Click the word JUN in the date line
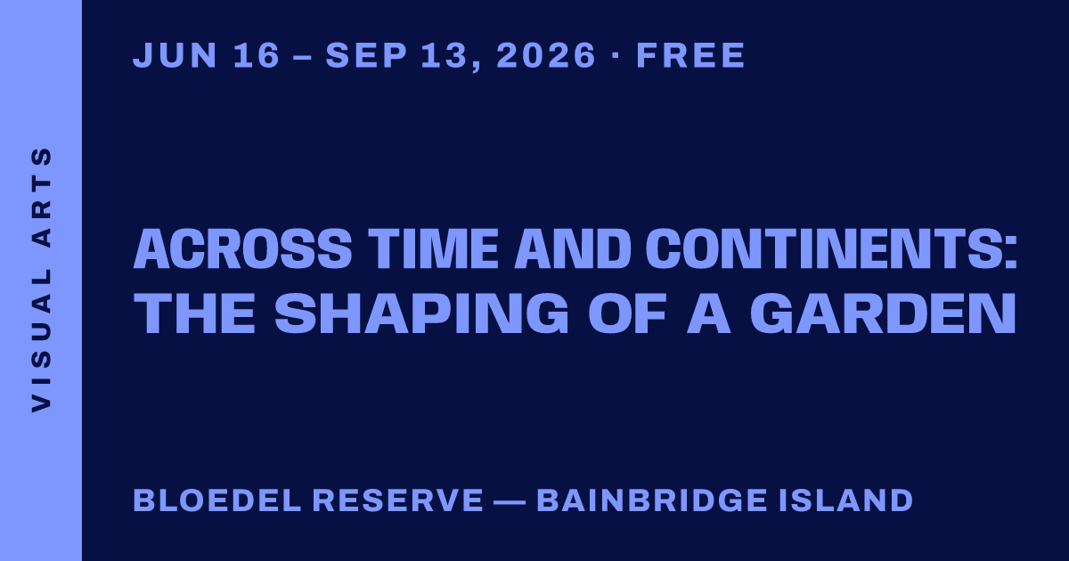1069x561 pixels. pos(175,55)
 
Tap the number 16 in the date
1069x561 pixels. pos(257,55)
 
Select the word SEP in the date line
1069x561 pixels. pos(366,55)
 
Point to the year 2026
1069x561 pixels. pos(546,55)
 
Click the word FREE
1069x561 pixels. pos(690,55)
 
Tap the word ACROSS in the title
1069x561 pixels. pos(242,248)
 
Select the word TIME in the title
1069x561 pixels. pos(433,248)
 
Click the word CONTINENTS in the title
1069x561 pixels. pos(827,248)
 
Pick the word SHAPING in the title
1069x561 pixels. pos(421,313)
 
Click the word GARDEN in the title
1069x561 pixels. pos(883,313)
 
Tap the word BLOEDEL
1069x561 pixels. pos(217,500)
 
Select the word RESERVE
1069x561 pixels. pos(398,500)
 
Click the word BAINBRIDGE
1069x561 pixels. pos(652,500)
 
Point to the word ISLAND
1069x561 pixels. pos(846,500)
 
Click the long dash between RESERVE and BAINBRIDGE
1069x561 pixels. pos(510,501)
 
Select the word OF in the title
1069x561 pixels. pos(627,313)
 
